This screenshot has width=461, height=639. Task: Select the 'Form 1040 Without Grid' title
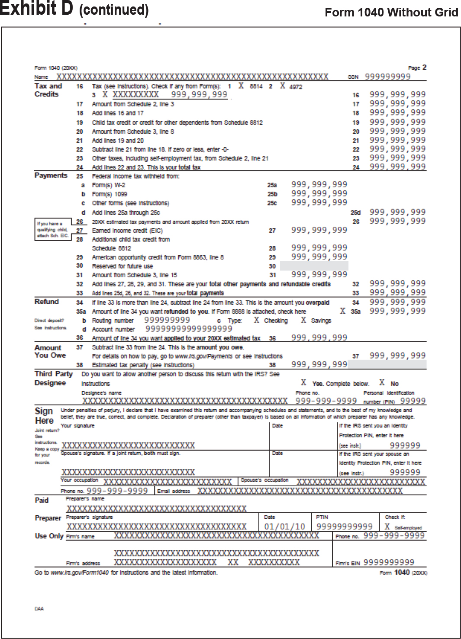pyautogui.click(x=391, y=12)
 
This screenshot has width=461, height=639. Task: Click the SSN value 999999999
pyautogui.click(x=387, y=77)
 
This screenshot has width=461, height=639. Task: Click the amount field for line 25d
pyautogui.click(x=397, y=212)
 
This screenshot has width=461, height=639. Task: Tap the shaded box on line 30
pyautogui.click(x=314, y=266)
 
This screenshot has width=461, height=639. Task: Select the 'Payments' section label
pyautogui.click(x=51, y=175)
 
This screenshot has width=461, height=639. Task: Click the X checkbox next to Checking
pyautogui.click(x=257, y=320)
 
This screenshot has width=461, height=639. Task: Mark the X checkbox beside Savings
pyautogui.click(x=303, y=320)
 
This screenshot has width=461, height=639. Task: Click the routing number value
pyautogui.click(x=167, y=320)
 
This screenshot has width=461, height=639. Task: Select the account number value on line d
pyautogui.click(x=189, y=329)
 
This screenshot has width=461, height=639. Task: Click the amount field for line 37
pyautogui.click(x=397, y=356)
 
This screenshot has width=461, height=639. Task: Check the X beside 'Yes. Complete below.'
pyautogui.click(x=303, y=383)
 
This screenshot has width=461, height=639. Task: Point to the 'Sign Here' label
pyautogui.click(x=44, y=415)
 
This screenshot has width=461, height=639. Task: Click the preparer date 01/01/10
pyautogui.click(x=284, y=527)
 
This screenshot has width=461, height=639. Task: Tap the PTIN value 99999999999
pyautogui.click(x=345, y=527)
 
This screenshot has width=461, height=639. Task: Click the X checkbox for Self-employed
pyautogui.click(x=387, y=527)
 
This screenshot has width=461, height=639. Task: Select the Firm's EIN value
pyautogui.click(x=389, y=562)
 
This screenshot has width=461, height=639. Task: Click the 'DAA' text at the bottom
pyautogui.click(x=39, y=609)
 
